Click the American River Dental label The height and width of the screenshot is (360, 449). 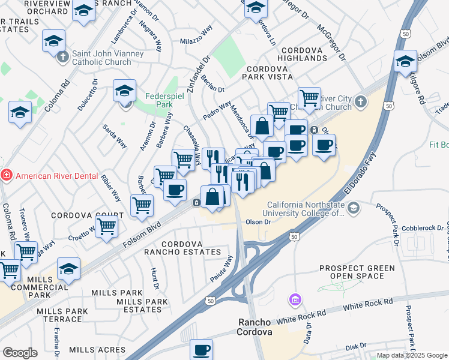[58, 176]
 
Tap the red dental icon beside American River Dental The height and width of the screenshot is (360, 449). [6, 176]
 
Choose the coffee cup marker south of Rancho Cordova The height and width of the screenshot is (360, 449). [202, 350]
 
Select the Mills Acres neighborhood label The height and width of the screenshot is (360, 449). [93, 350]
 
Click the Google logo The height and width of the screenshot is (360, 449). [20, 353]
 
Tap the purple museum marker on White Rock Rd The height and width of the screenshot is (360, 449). [294, 299]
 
